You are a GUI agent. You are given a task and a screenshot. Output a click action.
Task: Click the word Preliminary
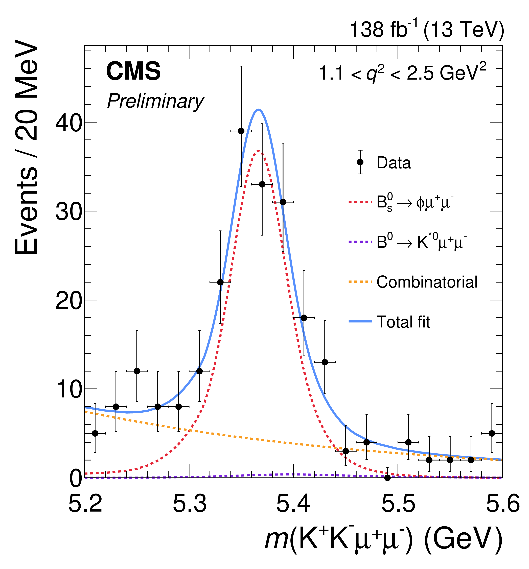[155, 101]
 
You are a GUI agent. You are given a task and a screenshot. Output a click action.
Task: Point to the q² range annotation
[402, 72]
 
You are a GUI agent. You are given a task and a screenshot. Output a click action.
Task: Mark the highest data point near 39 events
[241, 131]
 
